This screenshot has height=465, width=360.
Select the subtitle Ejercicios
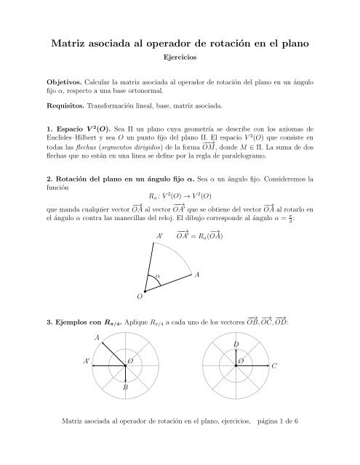180,62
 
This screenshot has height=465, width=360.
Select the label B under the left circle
126,387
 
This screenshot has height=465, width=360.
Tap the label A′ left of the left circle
87,361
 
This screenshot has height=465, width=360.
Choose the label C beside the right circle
274,368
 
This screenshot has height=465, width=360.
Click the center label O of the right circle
241,361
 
